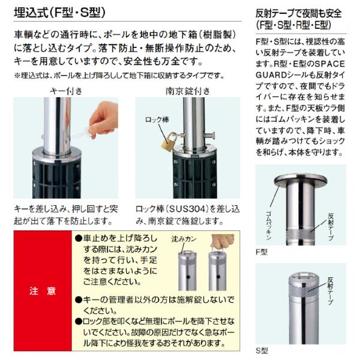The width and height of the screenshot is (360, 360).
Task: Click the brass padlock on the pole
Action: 169,142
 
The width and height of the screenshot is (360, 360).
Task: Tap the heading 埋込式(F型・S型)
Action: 59,13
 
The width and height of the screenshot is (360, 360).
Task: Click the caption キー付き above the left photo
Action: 66,91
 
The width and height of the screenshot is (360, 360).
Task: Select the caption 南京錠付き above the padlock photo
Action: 188,91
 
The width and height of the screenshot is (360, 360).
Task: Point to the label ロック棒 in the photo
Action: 157,119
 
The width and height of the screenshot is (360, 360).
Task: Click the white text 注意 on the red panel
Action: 43,291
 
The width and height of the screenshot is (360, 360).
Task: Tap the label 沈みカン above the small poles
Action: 184,239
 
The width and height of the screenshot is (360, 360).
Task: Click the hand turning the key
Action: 103,119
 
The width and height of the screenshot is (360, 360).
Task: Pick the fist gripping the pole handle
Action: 222,241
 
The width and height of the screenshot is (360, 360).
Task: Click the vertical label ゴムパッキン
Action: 269,226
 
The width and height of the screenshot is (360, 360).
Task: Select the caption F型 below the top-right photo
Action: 262,252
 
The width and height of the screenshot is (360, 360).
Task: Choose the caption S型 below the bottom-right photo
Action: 262,350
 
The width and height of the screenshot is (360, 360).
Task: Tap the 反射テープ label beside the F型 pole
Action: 331,227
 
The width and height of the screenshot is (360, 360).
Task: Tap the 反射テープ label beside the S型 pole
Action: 331,291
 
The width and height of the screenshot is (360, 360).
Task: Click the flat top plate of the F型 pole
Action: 301,179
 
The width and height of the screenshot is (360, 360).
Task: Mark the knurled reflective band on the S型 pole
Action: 303,292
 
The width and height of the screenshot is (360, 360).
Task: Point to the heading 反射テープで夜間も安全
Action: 299,14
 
